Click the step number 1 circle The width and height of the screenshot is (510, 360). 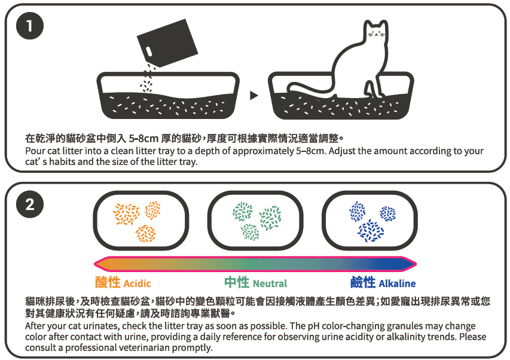[x=30, y=26]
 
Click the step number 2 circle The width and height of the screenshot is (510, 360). [x=30, y=205]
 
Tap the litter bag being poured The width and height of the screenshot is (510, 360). [x=167, y=42]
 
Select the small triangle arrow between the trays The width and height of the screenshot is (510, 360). [x=254, y=95]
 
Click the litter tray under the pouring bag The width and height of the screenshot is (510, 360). [x=168, y=95]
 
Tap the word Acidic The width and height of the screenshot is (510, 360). [x=138, y=283]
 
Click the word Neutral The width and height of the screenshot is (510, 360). [x=270, y=283]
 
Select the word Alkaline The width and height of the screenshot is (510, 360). [x=397, y=283]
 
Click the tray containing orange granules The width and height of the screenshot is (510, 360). [x=141, y=221]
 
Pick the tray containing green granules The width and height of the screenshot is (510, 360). [x=255, y=221]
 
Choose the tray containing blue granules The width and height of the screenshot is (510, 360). [x=370, y=221]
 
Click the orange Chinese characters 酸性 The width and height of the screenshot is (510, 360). [x=108, y=282]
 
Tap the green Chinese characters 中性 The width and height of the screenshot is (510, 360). [x=237, y=282]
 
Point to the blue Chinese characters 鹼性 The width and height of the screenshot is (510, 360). [x=363, y=282]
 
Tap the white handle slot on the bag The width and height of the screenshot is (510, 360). [x=148, y=51]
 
